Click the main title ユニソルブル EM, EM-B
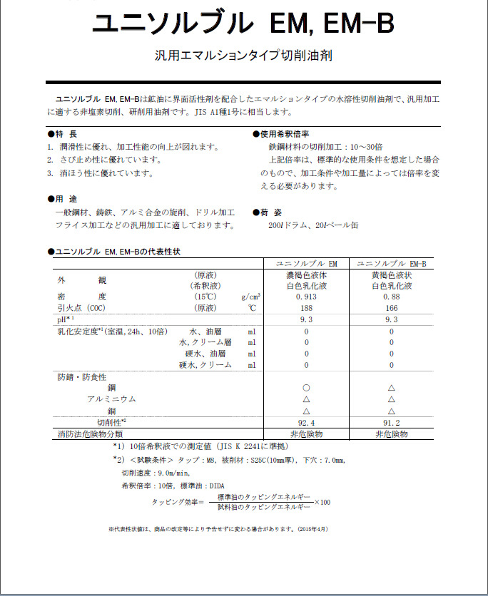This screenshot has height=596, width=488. coord(243,23)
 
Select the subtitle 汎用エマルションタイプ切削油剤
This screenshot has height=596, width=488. coord(243,54)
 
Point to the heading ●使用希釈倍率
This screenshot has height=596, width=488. coord(281,134)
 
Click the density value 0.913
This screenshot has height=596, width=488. coord(307,297)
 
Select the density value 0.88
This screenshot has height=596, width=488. coord(391,297)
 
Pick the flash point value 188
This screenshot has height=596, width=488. coord(307,308)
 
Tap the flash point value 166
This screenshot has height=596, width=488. coord(391,308)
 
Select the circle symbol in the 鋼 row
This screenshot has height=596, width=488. coord(307,388)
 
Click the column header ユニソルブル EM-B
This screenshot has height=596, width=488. coord(391,263)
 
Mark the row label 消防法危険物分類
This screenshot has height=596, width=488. coord(90,433)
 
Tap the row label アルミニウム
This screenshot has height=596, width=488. coord(111,399)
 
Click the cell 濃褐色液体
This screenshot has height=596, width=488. coord(307,274)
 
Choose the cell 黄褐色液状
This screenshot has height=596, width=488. coord(391,274)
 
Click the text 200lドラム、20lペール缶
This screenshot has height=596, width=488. coord(308,226)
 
